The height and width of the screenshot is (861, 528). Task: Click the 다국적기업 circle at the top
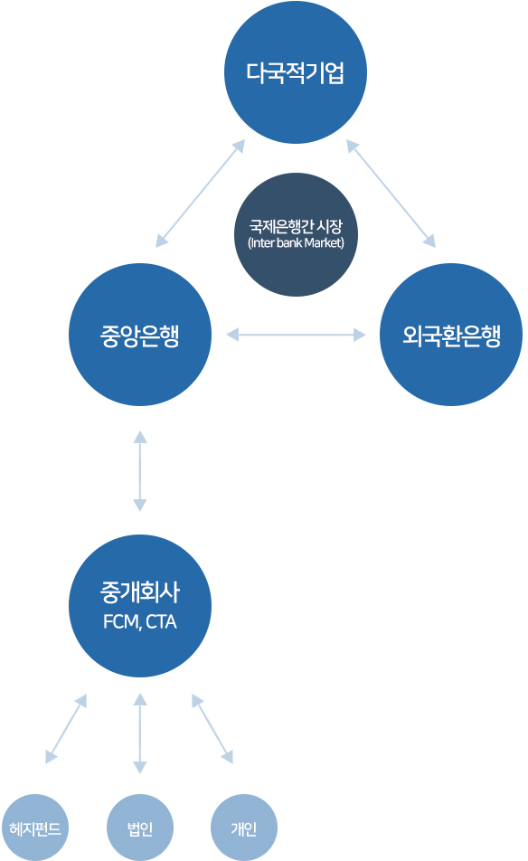296,72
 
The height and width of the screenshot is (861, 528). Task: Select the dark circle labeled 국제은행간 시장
296,235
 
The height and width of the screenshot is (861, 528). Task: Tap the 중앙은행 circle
140,335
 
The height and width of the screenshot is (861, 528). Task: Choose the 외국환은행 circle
451,335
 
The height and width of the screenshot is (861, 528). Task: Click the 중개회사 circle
140,606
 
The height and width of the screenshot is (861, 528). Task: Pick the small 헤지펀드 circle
35,828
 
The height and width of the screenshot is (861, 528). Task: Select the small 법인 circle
140,828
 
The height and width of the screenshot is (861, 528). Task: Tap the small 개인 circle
244,828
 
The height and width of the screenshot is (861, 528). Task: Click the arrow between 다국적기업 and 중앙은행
200,194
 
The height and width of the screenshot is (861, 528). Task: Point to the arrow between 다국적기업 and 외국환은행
391,194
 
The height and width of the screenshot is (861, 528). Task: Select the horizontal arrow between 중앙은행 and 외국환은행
296,335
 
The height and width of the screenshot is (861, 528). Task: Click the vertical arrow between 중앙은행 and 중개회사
140,471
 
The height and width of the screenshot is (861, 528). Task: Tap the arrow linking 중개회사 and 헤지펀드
66,729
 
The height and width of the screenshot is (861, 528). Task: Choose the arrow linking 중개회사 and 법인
140,733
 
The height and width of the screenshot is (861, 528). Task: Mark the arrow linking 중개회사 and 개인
212,729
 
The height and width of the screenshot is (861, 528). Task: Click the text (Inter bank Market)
296,242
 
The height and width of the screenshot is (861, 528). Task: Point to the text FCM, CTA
140,621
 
